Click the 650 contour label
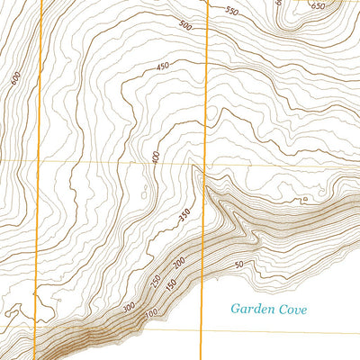[318, 6]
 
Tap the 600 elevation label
[16, 79]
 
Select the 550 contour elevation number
[232, 12]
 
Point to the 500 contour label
[186, 26]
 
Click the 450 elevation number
[162, 67]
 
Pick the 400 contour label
[156, 157]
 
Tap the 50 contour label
[238, 265]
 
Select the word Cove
[293, 309]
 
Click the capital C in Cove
[283, 309]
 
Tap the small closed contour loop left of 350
[145, 190]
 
